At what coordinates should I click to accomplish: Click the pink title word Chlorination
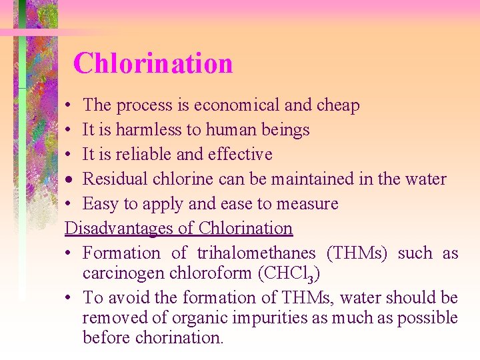tap(153, 64)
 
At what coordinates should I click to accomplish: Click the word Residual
tap(111, 179)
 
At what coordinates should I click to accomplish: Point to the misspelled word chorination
tap(179, 338)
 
